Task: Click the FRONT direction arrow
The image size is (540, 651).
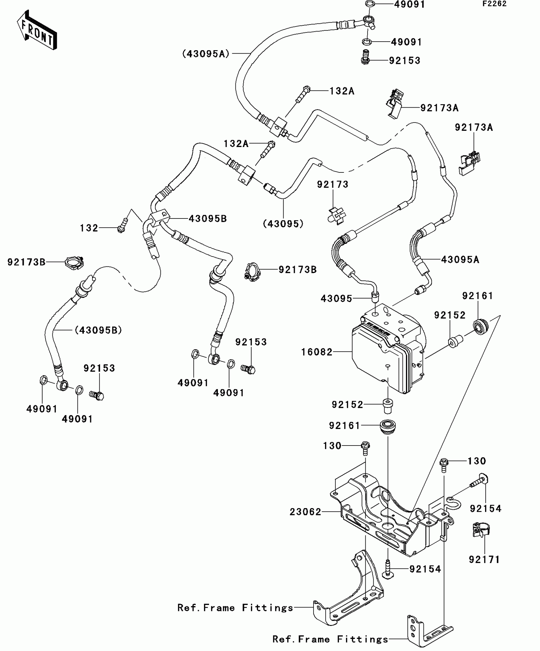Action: (37, 31)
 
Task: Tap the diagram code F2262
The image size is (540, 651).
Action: (495, 4)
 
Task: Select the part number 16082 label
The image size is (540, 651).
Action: (317, 352)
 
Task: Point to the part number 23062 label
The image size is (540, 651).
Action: (305, 512)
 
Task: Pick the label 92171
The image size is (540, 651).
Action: (484, 560)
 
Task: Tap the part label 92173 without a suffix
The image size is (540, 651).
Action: (333, 185)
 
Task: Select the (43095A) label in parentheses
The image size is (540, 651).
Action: (206, 54)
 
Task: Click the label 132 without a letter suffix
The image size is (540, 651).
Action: (89, 228)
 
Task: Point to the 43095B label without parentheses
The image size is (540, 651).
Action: (208, 218)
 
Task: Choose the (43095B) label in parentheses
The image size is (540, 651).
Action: (98, 330)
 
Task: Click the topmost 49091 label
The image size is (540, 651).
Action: (409, 4)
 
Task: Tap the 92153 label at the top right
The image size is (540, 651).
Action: (404, 61)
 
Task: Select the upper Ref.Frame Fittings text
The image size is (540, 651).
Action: (235, 608)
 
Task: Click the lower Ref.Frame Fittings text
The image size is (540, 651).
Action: (330, 639)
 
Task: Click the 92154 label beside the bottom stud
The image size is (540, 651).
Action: (425, 569)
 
